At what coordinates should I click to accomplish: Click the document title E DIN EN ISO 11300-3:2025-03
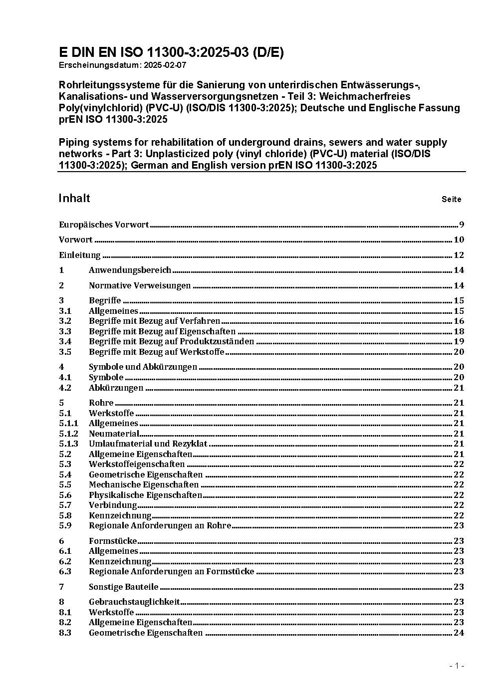pos(171,53)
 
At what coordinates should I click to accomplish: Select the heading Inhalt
pos(74,199)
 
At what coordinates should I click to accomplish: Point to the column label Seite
pos(451,200)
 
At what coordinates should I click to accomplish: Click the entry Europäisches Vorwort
pos(104,225)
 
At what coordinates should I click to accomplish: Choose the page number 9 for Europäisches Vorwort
pos(462,225)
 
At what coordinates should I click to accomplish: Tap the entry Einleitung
pos(80,255)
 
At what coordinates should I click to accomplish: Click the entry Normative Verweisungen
pos(140,286)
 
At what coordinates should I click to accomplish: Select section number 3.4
pos(65,342)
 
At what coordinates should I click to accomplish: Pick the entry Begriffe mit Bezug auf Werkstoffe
pos(156,352)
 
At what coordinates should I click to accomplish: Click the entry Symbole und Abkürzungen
pos(143,367)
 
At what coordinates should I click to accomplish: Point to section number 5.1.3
pos(68,444)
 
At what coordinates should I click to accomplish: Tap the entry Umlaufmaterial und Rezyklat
pos(148,444)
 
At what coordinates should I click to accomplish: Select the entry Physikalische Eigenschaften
pos(145,495)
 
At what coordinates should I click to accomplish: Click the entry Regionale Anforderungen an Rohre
pos(160,525)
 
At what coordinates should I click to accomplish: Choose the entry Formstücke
pos(113,541)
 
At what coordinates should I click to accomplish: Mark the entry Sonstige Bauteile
pos(123,587)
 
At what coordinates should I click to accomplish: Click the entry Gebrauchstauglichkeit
pos(134,602)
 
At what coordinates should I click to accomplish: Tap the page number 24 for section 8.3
pos(459,633)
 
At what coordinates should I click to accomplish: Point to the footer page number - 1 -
pos(457,666)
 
